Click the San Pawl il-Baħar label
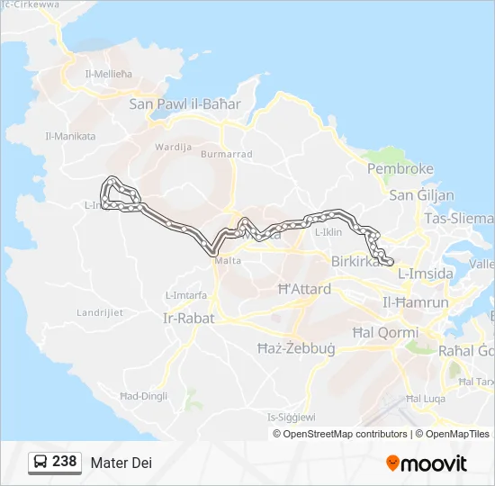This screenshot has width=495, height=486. coord(185,104)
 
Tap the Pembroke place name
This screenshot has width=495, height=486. coord(400,169)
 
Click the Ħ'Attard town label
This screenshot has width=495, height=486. coord(304,290)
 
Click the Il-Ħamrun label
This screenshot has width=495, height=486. coord(416,302)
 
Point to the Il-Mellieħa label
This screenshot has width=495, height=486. coord(108,74)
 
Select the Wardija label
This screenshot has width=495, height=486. coord(174,146)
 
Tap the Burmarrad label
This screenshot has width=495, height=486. coord(226,155)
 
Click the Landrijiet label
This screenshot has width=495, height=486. coord(100,313)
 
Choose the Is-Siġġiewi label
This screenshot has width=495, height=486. coord(292,417)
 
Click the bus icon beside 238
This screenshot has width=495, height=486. coord(41,463)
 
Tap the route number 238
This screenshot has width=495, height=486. coord(65,462)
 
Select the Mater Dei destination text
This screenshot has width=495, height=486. coord(121,463)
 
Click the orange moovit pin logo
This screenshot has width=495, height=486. coord(392,463)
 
